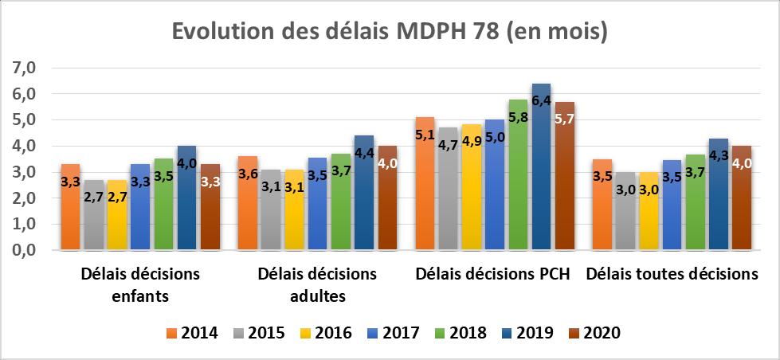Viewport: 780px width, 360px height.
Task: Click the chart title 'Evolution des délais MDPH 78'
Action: pyautogui.click(x=390, y=33)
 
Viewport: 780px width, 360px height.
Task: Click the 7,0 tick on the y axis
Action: pyautogui.click(x=25, y=68)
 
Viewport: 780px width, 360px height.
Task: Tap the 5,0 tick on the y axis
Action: pyautogui.click(x=25, y=120)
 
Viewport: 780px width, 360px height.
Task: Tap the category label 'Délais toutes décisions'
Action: pyautogui.click(x=672, y=275)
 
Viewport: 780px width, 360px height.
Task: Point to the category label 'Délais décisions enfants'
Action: pyautogui.click(x=140, y=285)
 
